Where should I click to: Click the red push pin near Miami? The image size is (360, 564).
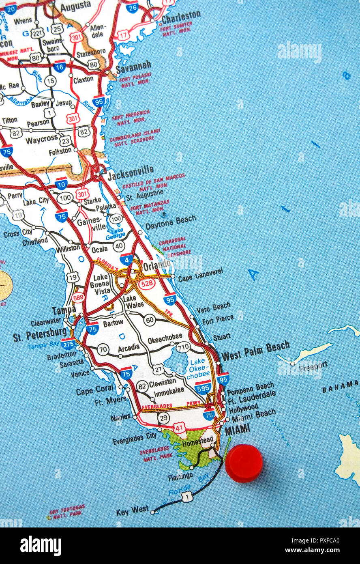point(244,463)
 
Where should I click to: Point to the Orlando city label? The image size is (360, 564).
point(157,265)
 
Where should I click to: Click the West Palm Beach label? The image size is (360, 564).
point(255,351)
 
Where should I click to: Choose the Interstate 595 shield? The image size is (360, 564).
point(203,387)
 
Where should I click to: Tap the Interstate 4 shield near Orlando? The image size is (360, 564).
point(126,259)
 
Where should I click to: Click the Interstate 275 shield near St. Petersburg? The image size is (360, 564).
point(68,344)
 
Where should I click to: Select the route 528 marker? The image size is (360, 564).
point(146,283)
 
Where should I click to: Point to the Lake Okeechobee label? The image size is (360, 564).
point(198,368)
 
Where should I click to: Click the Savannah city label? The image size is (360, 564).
point(133,67)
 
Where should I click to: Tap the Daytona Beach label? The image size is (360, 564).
point(170,222)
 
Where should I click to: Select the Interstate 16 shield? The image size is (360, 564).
point(60,66)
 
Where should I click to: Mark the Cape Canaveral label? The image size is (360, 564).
point(200,275)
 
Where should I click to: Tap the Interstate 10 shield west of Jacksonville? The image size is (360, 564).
point(61,184)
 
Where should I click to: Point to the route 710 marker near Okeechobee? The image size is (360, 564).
point(183,347)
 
